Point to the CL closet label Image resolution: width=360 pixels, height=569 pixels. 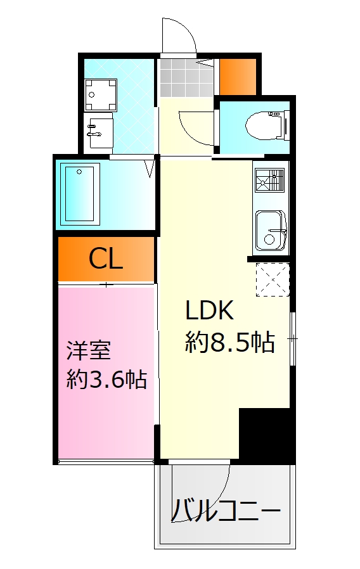pos(105,259)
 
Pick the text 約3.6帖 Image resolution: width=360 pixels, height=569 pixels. pos(106,380)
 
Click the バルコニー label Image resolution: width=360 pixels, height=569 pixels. pos(226,509)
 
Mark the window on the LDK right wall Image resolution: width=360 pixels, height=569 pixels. pos(292,340)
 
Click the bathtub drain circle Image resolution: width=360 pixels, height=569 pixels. pos(80,171)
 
